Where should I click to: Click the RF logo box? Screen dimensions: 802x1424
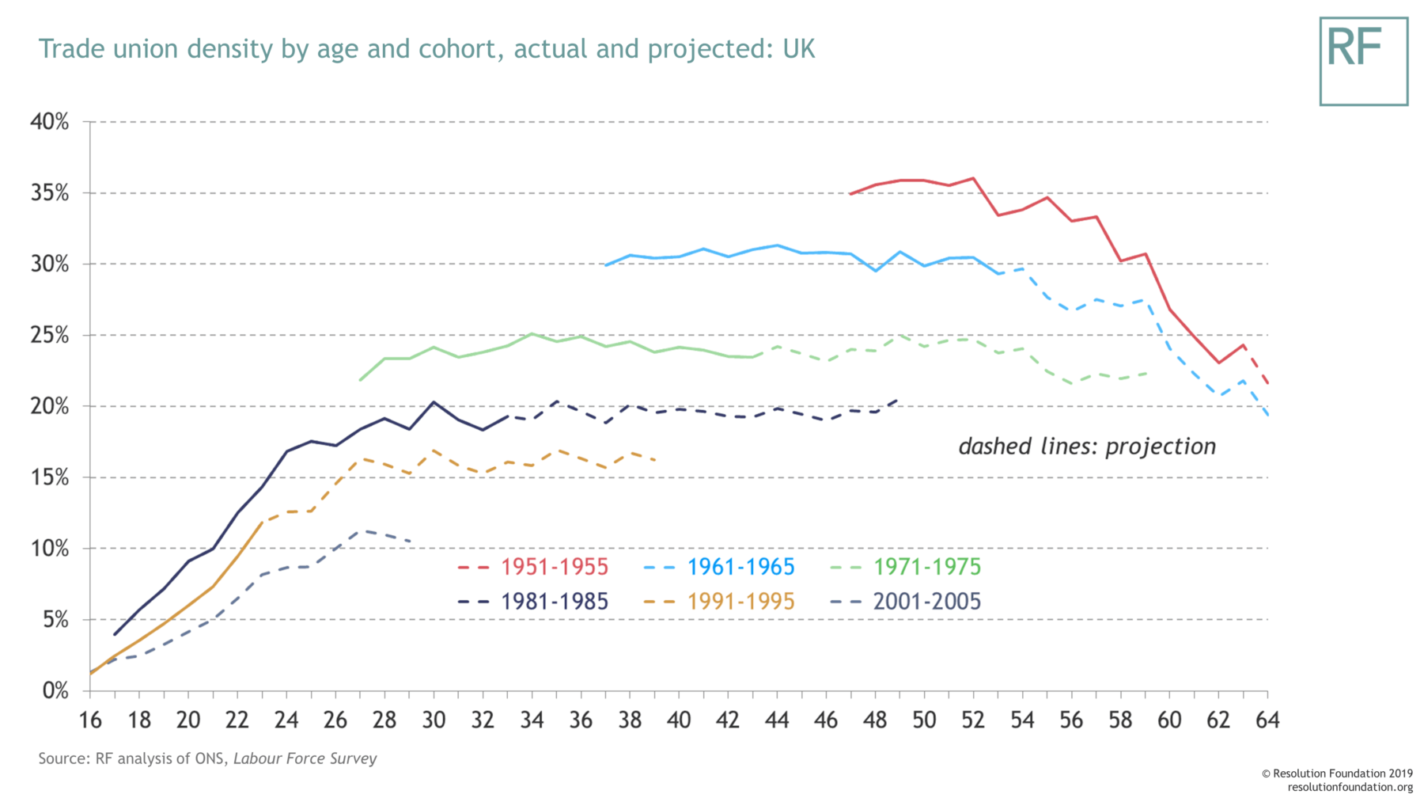tap(1363, 61)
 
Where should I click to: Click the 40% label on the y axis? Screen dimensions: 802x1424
tap(49, 122)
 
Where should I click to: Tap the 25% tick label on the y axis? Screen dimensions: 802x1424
tap(49, 336)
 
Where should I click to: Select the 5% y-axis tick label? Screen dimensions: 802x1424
tap(55, 620)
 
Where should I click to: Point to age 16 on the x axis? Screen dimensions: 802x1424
tap(90, 720)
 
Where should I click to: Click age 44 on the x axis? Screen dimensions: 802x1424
tap(777, 720)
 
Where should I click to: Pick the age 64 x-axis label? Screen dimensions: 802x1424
tap(1267, 720)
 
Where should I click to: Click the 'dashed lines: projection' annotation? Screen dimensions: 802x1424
tap(1087, 447)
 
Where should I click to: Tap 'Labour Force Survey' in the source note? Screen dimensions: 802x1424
tap(305, 758)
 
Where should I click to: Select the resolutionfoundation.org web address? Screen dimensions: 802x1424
tap(1350, 787)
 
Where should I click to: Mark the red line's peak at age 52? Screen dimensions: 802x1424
tap(972, 178)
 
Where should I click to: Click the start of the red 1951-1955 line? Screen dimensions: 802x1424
tap(850, 194)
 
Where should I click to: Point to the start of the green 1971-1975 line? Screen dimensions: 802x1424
tap(361, 380)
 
